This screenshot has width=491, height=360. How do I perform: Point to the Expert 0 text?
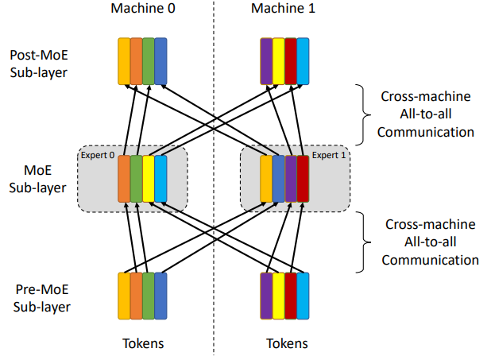96,156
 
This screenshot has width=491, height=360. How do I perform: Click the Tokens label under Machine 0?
142,343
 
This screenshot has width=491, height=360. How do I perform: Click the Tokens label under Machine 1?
284,343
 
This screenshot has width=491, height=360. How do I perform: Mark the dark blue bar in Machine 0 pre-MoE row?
160,296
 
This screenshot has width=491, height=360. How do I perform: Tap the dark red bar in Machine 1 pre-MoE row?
291,296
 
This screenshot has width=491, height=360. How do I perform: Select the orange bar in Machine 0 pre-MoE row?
136,296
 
